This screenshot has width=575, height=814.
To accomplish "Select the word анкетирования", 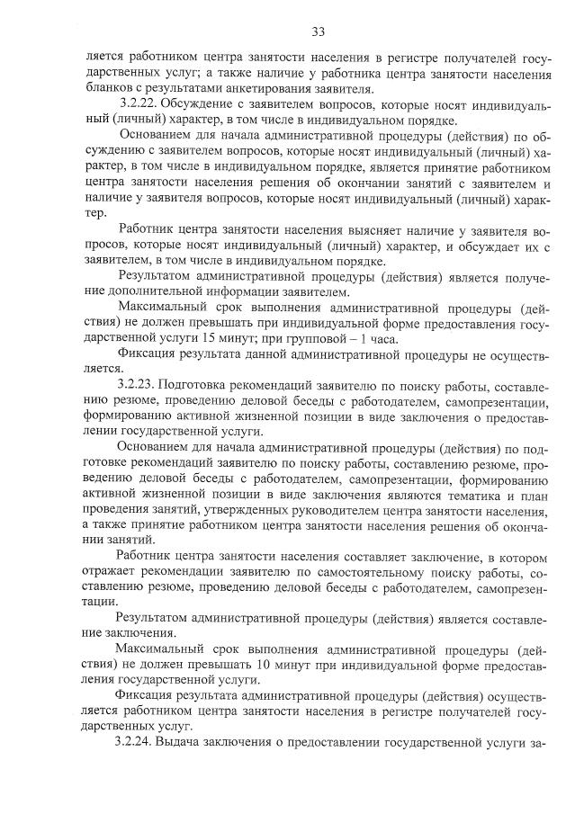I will [x=302, y=87].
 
